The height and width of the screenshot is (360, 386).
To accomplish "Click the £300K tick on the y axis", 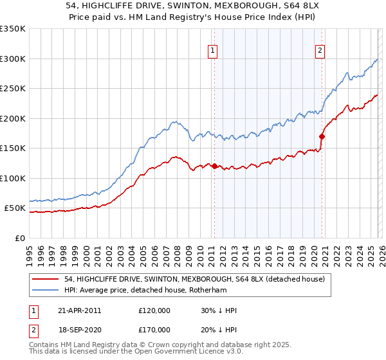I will tap(13, 59).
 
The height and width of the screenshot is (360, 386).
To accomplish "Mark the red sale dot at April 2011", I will tap(214, 166).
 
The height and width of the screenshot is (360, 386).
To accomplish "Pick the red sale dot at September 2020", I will tap(322, 136).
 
